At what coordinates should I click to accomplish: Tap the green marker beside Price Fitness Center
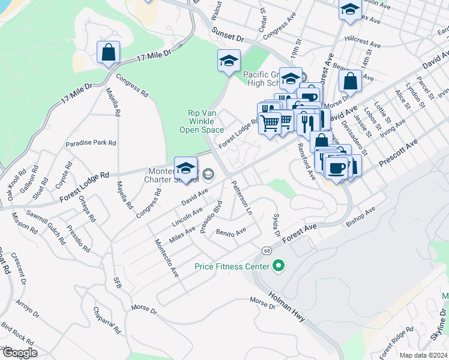click(278, 265)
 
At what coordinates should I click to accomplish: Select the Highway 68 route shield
click(265, 249)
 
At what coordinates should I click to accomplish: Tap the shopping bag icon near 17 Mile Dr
click(108, 52)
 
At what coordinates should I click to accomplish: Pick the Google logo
click(20, 353)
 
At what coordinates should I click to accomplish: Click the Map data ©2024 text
click(423, 355)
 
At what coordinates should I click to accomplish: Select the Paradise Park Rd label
click(91, 143)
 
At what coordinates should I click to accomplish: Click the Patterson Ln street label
click(241, 197)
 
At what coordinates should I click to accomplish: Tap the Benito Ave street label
click(231, 232)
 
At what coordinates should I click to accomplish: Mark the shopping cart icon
click(271, 123)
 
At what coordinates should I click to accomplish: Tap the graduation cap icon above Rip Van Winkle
click(229, 61)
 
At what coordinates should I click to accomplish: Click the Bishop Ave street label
click(360, 217)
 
